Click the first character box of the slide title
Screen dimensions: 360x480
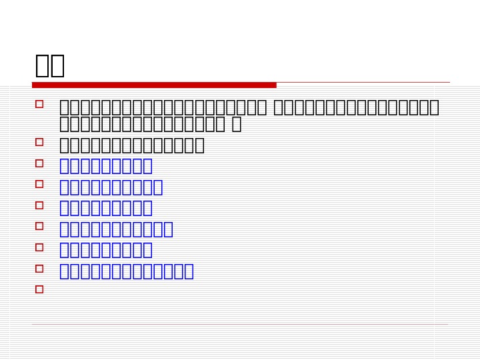pos(42,65)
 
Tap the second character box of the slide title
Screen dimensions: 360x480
pos(57,65)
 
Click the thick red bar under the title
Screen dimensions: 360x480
pos(154,85)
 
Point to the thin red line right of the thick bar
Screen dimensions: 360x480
pos(363,83)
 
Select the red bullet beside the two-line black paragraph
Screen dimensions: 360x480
pos(39,104)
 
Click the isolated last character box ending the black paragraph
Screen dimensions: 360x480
pos(236,124)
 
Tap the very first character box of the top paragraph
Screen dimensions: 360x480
pos(65,107)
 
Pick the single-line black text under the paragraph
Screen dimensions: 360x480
pos(132,145)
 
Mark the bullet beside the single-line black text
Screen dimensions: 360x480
pos(39,142)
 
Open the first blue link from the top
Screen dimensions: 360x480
pos(106,166)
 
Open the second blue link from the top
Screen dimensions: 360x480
pos(111,187)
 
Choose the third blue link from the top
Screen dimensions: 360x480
pos(106,208)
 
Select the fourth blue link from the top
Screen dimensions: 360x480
pos(117,229)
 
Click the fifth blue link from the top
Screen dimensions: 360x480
pos(106,250)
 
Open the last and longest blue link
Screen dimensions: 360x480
pos(127,271)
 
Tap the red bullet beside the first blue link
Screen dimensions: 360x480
pos(39,163)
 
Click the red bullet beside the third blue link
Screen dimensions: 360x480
pos(39,205)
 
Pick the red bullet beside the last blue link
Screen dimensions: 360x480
pos(39,269)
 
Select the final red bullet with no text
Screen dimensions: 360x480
pos(39,289)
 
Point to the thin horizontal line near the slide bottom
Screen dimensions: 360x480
pos(240,325)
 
